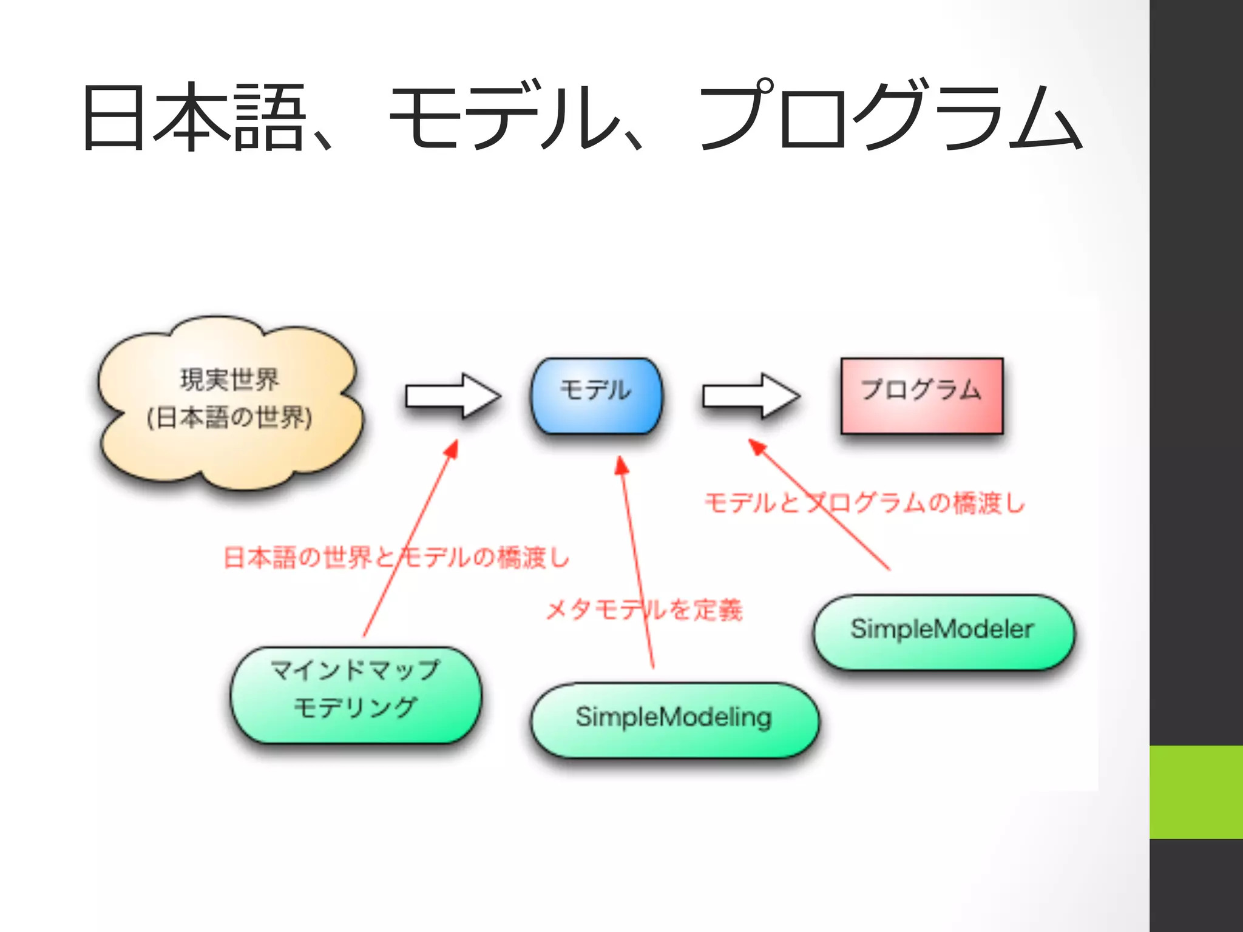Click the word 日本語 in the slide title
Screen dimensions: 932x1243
tap(193, 116)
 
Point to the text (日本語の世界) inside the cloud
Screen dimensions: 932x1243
tap(229, 417)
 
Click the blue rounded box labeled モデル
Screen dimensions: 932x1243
tap(596, 396)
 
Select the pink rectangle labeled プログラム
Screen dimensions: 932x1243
tap(921, 396)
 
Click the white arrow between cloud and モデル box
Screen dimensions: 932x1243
tap(453, 396)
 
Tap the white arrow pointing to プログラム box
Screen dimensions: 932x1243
tap(750, 396)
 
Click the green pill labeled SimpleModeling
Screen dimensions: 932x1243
tap(674, 720)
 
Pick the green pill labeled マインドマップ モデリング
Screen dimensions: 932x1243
tap(355, 694)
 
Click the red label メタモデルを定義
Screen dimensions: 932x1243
tap(643, 609)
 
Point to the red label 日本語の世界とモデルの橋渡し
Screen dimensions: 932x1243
tap(396, 557)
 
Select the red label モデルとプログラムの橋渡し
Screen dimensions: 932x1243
tap(864, 502)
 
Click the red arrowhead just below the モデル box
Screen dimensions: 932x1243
tap(621, 466)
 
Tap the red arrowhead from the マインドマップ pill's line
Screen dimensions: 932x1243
tap(452, 449)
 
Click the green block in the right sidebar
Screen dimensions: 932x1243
tap(1196, 791)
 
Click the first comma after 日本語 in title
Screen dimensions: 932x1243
tap(322, 143)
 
